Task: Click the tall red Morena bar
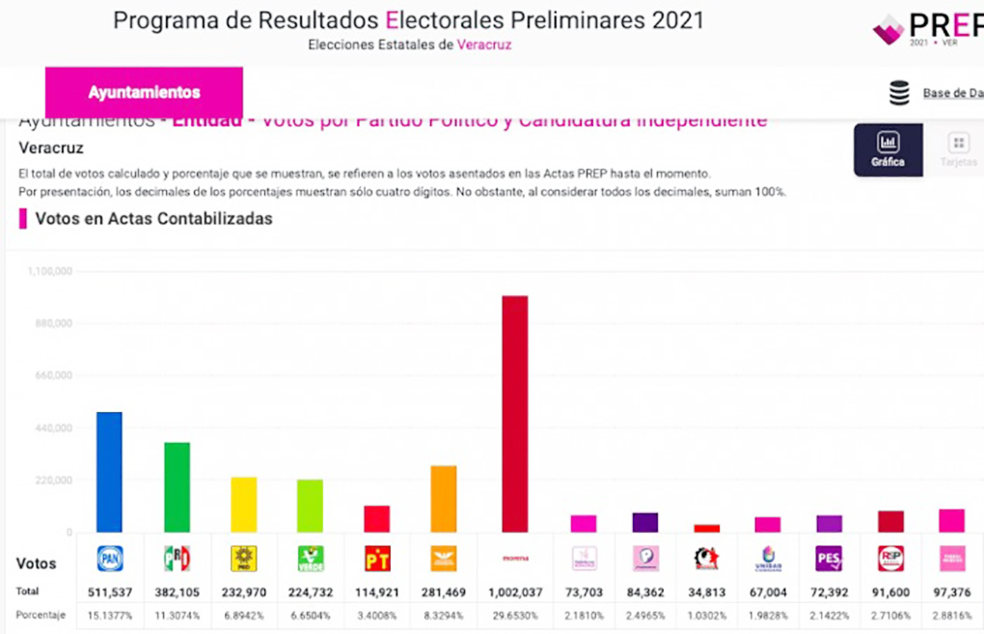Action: [x=514, y=414]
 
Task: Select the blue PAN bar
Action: [x=109, y=472]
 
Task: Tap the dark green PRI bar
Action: [x=177, y=487]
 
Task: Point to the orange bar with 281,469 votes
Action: [x=443, y=499]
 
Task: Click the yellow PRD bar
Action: [x=244, y=505]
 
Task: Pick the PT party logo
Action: [x=376, y=559]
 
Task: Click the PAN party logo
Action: [x=110, y=559]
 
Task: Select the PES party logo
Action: [x=829, y=559]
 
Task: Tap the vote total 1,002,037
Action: [x=514, y=591]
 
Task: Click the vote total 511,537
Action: [x=110, y=591]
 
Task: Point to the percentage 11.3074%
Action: [x=177, y=615]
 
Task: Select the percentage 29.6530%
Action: [x=514, y=615]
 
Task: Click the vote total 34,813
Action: [x=707, y=591]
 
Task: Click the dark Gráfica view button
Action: [x=888, y=151]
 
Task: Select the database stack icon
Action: [x=899, y=94]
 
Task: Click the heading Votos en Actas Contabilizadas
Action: [x=153, y=219]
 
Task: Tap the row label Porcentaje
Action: [x=41, y=615]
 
